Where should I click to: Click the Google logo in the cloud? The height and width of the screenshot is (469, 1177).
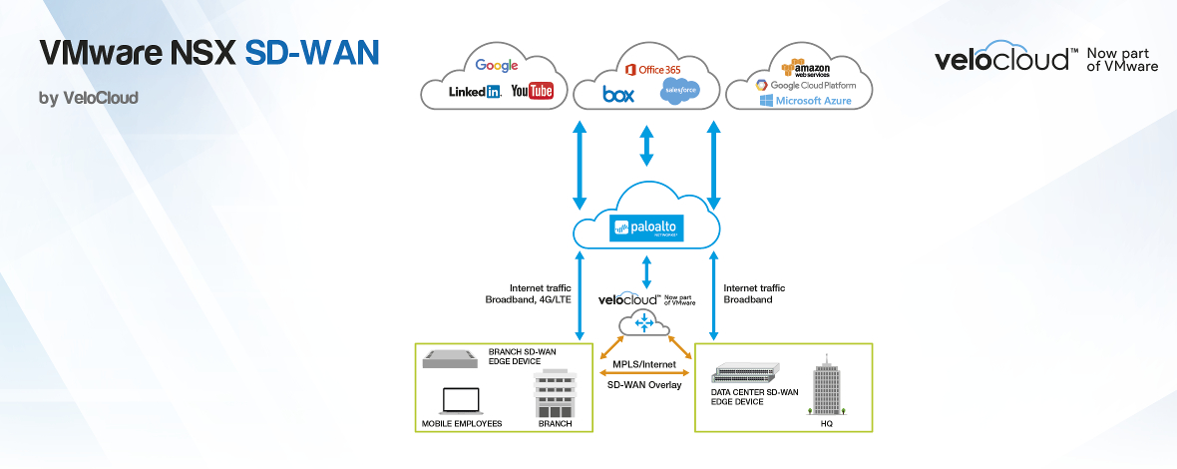(x=496, y=66)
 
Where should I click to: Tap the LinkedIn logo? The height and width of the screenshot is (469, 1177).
(x=475, y=92)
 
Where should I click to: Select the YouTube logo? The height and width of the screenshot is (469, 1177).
(x=532, y=92)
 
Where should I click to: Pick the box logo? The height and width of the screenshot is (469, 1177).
(x=619, y=94)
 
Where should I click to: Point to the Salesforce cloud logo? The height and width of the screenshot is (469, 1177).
(x=679, y=92)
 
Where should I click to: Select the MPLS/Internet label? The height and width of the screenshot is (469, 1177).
(x=643, y=365)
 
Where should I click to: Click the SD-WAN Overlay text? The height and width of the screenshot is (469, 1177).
(x=643, y=384)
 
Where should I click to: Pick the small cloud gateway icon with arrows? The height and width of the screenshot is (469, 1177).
(x=644, y=322)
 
